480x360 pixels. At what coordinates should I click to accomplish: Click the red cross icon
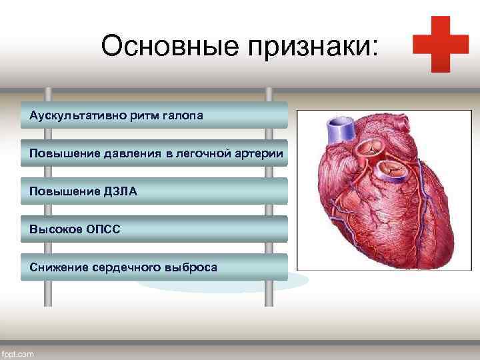[440, 44]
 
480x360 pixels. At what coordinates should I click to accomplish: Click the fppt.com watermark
[18, 354]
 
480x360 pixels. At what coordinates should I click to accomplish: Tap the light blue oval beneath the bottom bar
[220, 285]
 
